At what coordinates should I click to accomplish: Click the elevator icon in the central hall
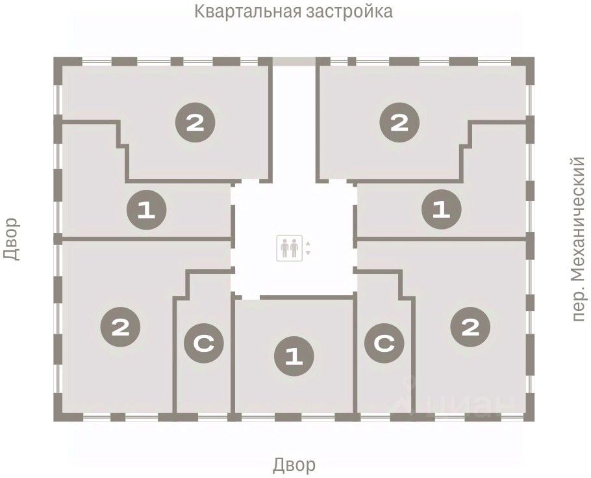290,247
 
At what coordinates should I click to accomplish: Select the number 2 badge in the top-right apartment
399,122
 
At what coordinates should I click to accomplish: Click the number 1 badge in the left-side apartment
147,209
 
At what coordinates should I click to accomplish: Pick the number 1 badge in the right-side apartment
442,209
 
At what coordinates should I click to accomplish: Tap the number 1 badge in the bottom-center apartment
294,356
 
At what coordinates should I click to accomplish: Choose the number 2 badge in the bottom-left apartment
120,326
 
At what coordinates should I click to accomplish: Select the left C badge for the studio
203,345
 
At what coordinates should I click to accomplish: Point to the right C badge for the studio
384,345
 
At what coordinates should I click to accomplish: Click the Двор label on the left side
12,239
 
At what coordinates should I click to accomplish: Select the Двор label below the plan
294,465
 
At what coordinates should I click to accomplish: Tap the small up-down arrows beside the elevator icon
308,248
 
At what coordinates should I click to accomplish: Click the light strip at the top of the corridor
294,61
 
